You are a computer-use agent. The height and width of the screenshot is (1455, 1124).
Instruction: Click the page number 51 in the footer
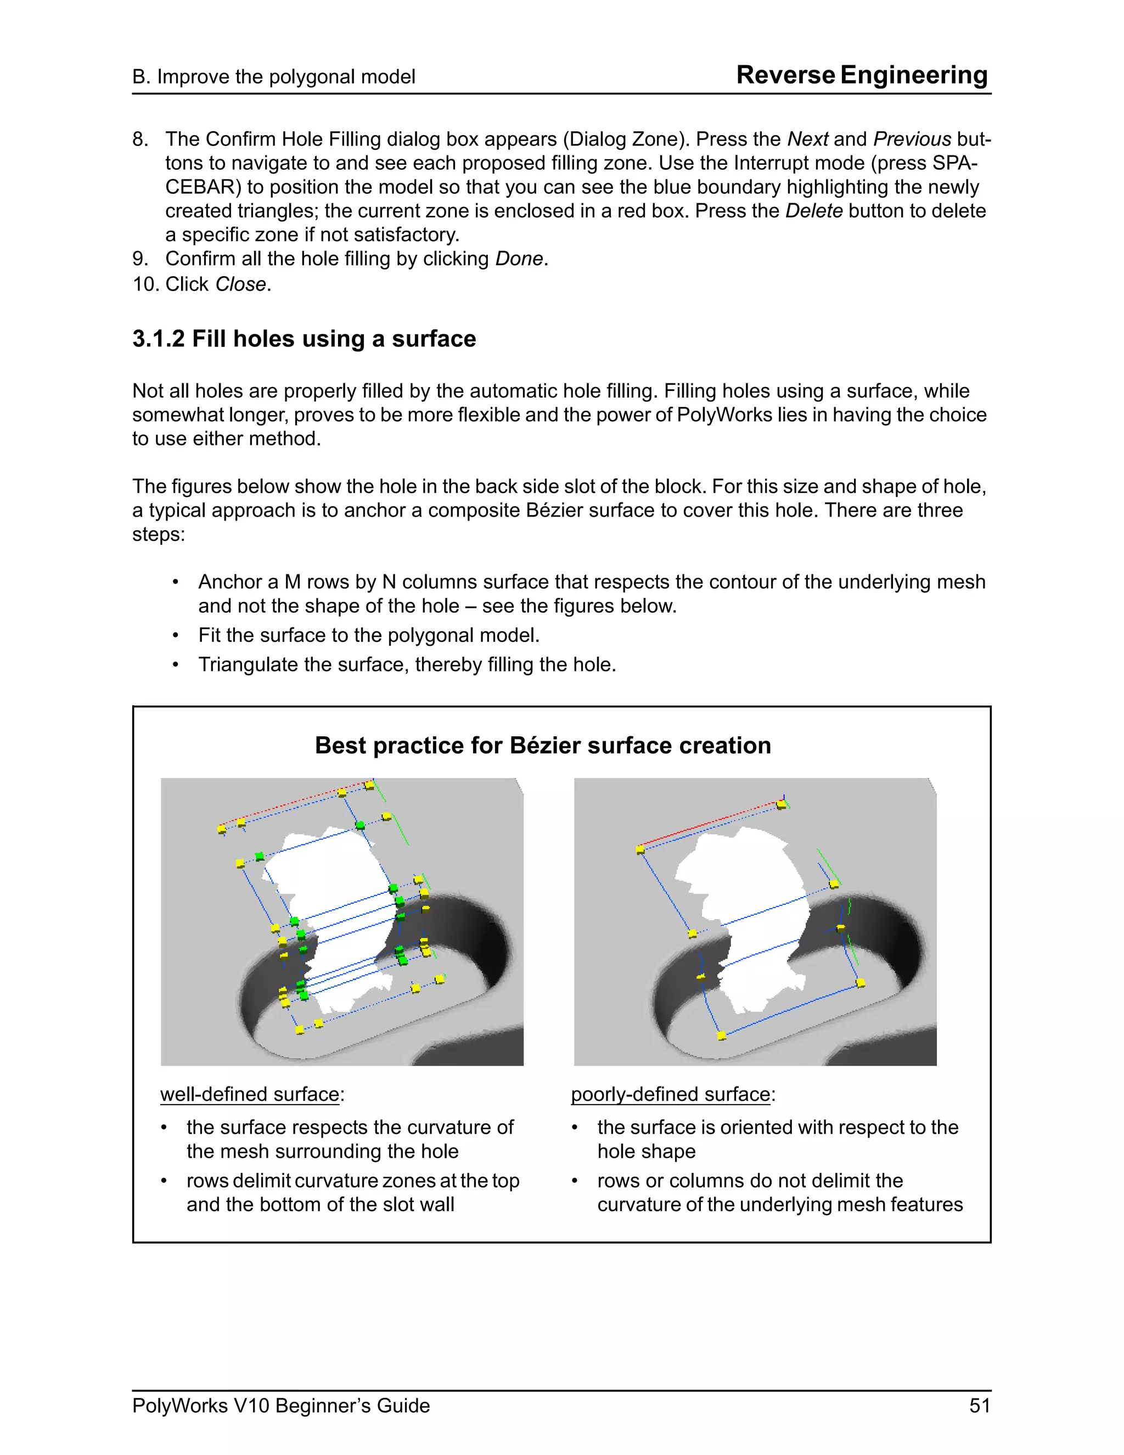point(979,1406)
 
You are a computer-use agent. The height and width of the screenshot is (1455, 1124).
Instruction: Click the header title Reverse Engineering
point(862,75)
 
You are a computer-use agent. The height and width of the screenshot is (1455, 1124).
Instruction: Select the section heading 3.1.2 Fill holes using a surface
point(304,339)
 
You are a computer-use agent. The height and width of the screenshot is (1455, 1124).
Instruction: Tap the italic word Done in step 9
point(519,259)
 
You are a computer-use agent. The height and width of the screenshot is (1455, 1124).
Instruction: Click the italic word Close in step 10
point(240,284)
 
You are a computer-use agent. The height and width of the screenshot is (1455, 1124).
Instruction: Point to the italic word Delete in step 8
point(814,211)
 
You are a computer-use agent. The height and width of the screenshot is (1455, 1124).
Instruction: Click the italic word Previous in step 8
point(912,139)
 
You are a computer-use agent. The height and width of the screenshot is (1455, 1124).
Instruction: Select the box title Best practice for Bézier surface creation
point(543,746)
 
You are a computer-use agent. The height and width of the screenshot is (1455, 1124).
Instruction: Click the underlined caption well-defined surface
point(250,1095)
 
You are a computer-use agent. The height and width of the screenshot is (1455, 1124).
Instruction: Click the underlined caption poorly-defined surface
point(671,1095)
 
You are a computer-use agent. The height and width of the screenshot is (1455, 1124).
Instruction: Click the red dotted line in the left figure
point(293,804)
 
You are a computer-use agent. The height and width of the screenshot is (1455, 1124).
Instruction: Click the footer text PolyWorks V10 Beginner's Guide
point(280,1406)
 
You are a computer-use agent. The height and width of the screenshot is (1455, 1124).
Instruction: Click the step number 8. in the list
point(140,139)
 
